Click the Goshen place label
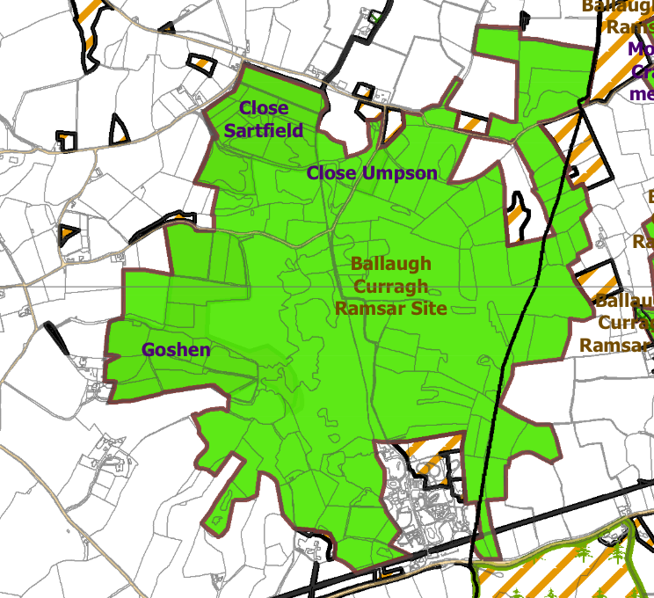click(x=176, y=350)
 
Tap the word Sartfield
click(x=263, y=131)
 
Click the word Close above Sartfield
click(x=263, y=108)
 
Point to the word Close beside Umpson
click(x=331, y=173)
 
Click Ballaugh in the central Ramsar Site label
click(x=390, y=264)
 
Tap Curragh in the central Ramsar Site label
click(x=390, y=286)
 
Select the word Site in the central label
click(x=425, y=309)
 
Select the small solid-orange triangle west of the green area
click(x=67, y=234)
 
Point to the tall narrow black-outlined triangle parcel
click(x=119, y=129)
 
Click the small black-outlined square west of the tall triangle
click(x=67, y=139)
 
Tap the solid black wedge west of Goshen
click(x=55, y=334)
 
